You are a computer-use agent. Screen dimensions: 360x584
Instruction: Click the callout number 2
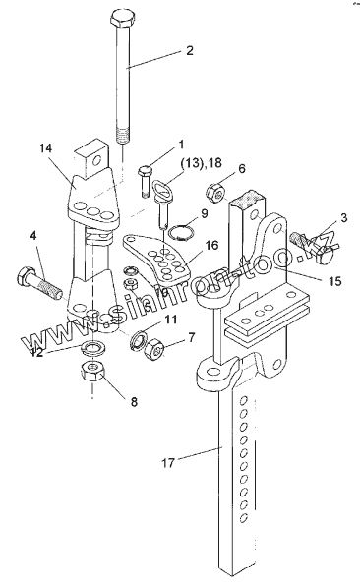coord(190,51)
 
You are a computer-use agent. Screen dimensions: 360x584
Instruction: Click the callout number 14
coord(46,148)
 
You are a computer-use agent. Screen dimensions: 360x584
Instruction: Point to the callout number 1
coord(181,144)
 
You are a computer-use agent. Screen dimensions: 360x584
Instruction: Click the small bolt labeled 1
coord(145,182)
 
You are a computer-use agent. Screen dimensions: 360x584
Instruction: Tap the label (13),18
coord(201,163)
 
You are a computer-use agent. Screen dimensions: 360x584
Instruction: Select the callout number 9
coord(204,213)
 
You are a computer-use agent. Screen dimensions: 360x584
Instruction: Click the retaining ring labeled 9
coord(181,232)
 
